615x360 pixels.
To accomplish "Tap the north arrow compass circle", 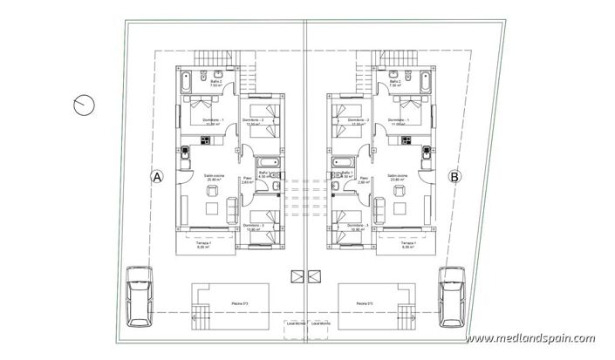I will (85, 105).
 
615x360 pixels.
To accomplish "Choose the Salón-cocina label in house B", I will (402, 175).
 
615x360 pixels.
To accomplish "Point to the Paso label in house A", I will (247, 179).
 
